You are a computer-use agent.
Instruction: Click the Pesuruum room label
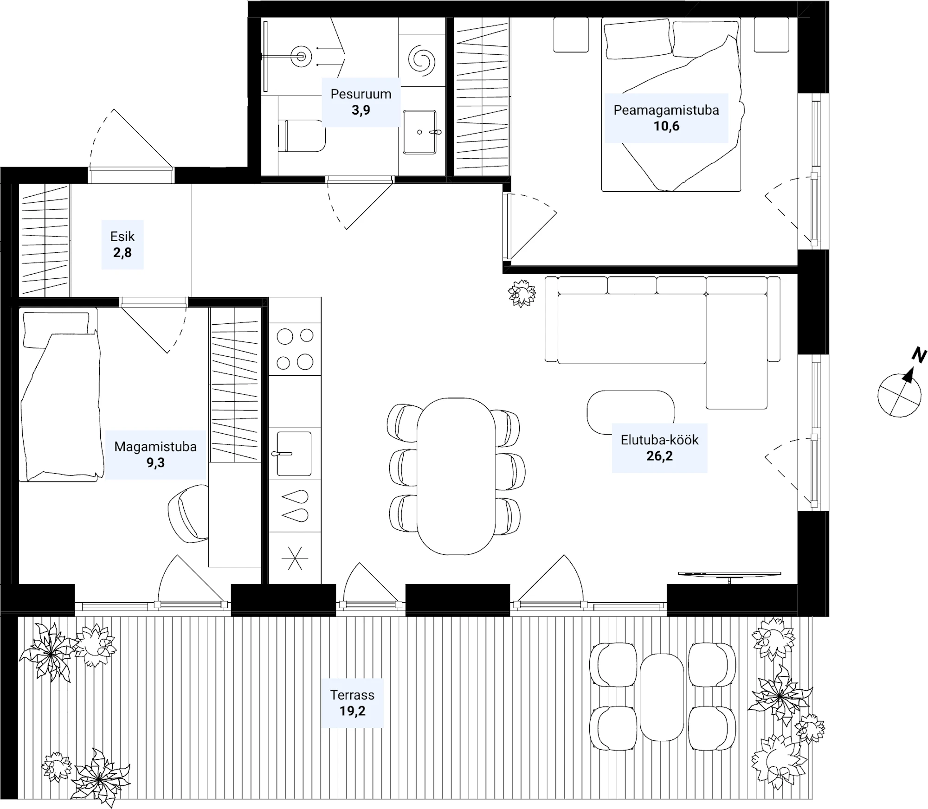[x=361, y=94]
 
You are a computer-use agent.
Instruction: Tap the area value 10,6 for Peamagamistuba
[x=666, y=126]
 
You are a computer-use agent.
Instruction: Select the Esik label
[x=122, y=237]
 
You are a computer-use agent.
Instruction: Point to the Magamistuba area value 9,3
[x=155, y=463]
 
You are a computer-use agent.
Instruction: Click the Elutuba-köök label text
[x=659, y=440]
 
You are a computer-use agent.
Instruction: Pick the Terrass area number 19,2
[x=352, y=711]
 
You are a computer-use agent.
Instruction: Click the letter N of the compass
[x=919, y=355]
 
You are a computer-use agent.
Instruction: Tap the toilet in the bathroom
[x=302, y=135]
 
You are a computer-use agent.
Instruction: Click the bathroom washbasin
[x=419, y=132]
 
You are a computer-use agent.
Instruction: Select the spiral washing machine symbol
[x=422, y=60]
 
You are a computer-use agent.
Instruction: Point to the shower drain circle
[x=301, y=57]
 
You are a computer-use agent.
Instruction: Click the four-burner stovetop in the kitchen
[x=295, y=349]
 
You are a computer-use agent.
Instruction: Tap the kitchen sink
[x=294, y=454]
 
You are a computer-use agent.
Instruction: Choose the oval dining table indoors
[x=457, y=476]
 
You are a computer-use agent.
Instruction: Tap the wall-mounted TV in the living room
[x=729, y=575]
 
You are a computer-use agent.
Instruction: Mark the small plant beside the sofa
[x=522, y=293]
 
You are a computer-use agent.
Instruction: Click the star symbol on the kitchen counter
[x=295, y=558]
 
